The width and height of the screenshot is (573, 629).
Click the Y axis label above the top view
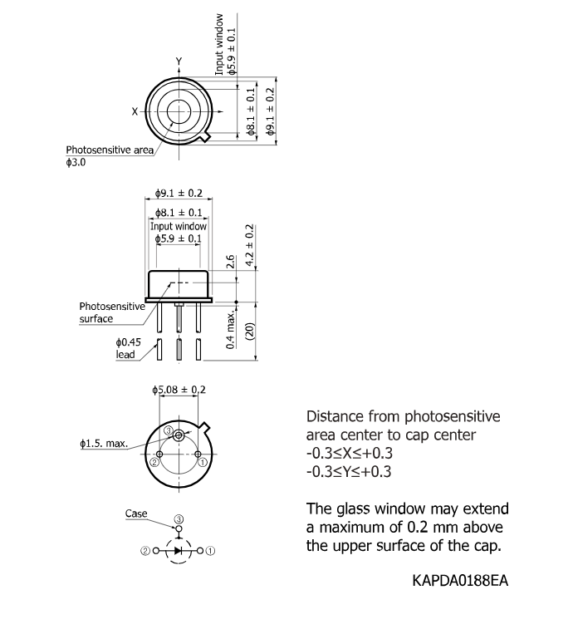coord(179,61)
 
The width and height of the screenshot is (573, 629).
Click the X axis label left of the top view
coord(135,111)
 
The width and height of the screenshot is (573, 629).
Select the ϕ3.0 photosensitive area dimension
coord(76,163)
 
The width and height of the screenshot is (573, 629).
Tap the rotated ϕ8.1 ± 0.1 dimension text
coord(250,111)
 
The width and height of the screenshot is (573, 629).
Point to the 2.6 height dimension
coord(231,262)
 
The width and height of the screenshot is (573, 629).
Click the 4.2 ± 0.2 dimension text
coord(249,245)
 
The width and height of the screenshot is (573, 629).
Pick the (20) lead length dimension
coord(249,332)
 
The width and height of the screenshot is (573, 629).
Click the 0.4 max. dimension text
coord(231,329)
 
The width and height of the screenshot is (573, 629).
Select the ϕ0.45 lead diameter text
coord(129,342)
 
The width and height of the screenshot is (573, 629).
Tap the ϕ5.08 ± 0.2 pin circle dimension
coord(179,390)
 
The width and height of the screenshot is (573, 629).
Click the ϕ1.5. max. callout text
coord(104,443)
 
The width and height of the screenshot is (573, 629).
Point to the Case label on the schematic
coord(136,514)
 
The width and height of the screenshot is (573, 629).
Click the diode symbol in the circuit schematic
coord(179,551)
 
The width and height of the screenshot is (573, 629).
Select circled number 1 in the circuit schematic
coord(210,551)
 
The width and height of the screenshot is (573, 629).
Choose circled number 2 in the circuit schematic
coord(144,551)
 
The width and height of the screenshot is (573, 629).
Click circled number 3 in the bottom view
coord(169,431)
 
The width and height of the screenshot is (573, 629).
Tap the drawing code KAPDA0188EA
coord(460,581)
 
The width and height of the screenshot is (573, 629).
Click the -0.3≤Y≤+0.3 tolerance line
coord(349,471)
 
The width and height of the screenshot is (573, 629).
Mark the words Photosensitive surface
coord(112,312)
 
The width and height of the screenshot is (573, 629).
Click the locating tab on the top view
coord(206,136)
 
